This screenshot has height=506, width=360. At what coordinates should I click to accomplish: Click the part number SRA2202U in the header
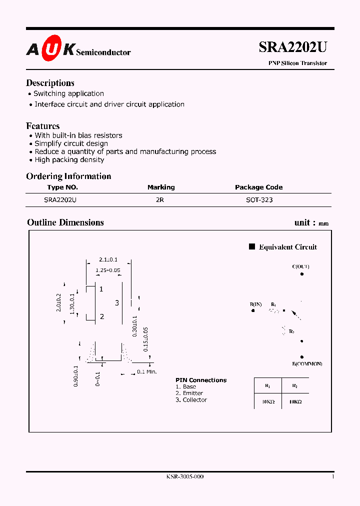(x=292, y=47)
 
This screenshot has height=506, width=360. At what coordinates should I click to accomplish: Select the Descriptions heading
(x=50, y=83)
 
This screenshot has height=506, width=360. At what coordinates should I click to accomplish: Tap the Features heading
(x=43, y=126)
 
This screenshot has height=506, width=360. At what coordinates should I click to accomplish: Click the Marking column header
(x=161, y=187)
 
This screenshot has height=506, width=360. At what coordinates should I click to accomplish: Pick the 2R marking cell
(x=160, y=199)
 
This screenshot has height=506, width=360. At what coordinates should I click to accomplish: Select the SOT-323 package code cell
(x=260, y=199)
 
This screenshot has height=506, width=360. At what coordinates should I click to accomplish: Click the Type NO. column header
(x=62, y=187)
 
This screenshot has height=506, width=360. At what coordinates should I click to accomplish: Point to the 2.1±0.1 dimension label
(x=108, y=259)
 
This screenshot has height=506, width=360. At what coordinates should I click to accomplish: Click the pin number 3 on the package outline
(x=117, y=302)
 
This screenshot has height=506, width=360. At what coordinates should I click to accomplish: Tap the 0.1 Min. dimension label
(x=147, y=371)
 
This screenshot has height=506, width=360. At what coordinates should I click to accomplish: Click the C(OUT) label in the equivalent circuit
(x=300, y=266)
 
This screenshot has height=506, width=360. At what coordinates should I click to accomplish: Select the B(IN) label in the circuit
(x=255, y=304)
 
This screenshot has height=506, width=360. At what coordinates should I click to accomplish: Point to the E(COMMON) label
(x=307, y=363)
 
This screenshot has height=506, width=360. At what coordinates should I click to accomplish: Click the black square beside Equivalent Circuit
(x=252, y=246)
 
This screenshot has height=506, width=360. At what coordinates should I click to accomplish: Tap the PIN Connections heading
(x=201, y=380)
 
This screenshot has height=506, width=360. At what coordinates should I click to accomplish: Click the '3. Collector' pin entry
(x=191, y=400)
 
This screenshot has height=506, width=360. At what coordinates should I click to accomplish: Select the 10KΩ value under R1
(x=267, y=401)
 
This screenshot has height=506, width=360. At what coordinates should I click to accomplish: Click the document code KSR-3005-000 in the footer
(x=185, y=476)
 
